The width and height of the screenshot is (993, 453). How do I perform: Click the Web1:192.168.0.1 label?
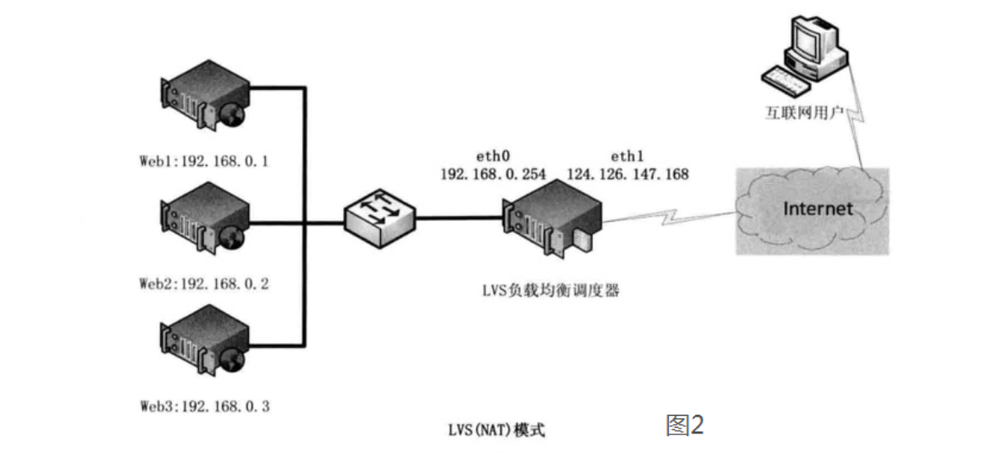pyautogui.click(x=204, y=162)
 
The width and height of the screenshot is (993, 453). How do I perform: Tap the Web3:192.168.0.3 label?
pyautogui.click(x=204, y=406)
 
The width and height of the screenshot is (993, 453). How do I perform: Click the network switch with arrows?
pyautogui.click(x=379, y=218)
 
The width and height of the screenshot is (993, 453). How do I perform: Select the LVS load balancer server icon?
pyautogui.click(x=551, y=218)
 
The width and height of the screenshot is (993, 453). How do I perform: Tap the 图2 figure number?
pyautogui.click(x=685, y=426)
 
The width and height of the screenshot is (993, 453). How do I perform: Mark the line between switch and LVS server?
pyautogui.click(x=459, y=218)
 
